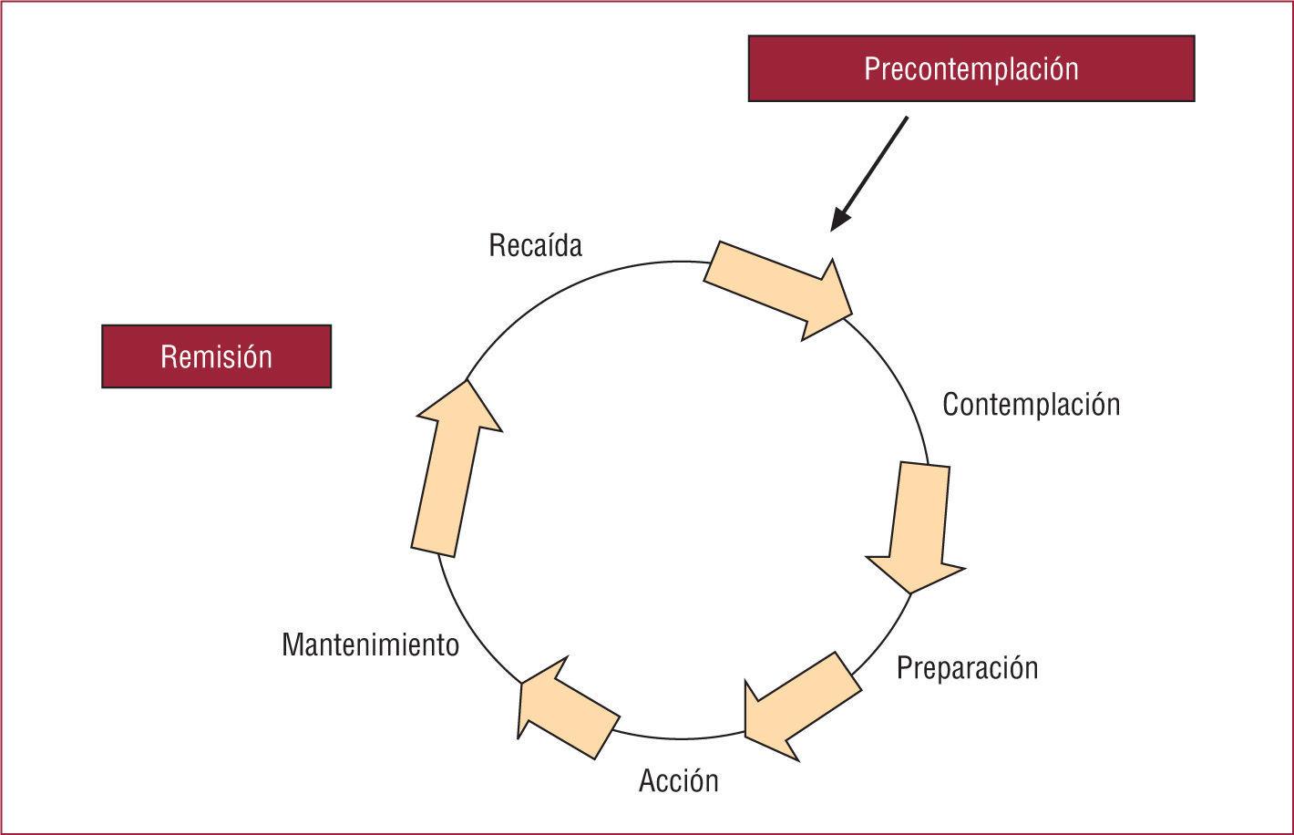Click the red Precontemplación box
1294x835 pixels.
click(x=970, y=68)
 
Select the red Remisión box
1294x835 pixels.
click(x=216, y=356)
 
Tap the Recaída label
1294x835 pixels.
click(x=535, y=245)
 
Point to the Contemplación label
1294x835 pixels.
click(x=1031, y=404)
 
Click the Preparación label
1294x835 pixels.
click(x=967, y=667)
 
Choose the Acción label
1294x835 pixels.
click(x=678, y=780)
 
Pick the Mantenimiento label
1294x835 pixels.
click(x=370, y=644)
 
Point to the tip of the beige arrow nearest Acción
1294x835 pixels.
click(x=747, y=737)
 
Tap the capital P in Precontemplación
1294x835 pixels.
click(x=871, y=69)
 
